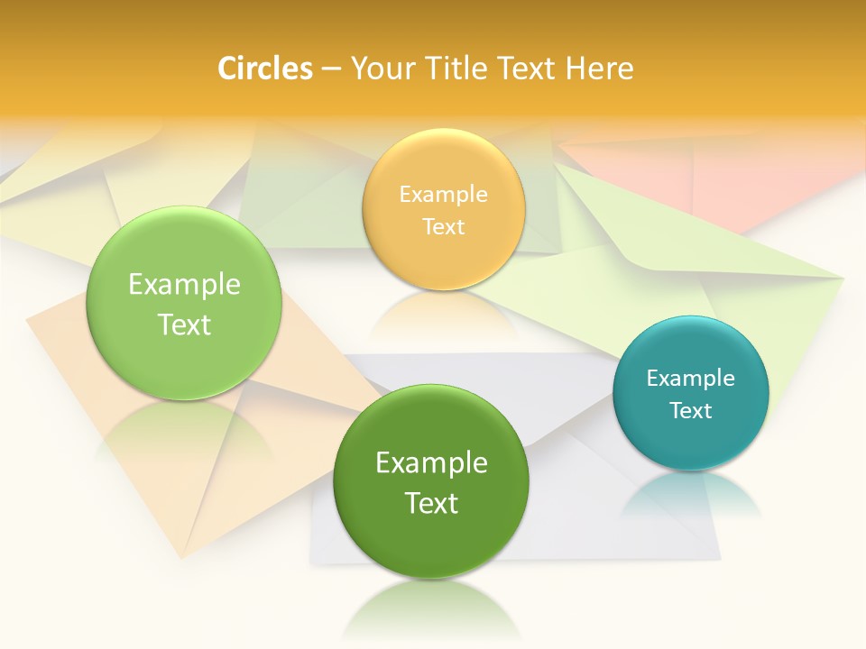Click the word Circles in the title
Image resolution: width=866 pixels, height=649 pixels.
[x=264, y=69]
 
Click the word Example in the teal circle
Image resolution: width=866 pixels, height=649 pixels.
[x=691, y=379]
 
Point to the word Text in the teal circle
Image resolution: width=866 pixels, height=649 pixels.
[x=691, y=411]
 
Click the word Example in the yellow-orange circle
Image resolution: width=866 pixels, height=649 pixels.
[x=443, y=195]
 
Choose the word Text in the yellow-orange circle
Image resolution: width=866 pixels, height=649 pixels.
[x=443, y=227]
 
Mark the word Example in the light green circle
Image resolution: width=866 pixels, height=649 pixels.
[x=184, y=285]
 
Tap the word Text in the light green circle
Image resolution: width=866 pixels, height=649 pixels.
[x=184, y=324]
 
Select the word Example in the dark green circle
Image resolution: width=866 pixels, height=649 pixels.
[x=431, y=463]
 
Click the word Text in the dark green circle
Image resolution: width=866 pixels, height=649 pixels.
[x=431, y=503]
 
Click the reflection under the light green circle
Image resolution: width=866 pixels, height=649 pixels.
[x=184, y=428]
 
